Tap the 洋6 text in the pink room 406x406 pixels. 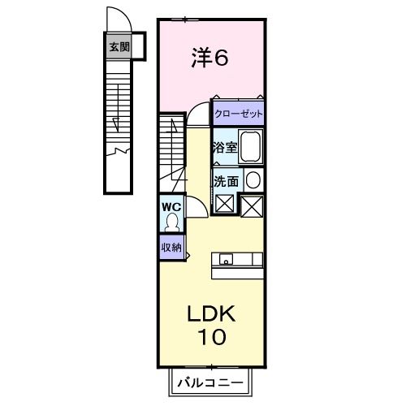point(210,58)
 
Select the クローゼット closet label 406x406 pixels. point(239,112)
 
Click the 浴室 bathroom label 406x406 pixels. point(223,148)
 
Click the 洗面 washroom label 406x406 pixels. point(226,181)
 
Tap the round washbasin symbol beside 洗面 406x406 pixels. point(253,180)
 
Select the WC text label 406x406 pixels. point(171,206)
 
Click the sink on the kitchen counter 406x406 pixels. point(225,260)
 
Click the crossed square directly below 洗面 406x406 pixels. point(225,204)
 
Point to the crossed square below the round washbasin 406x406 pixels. point(253,206)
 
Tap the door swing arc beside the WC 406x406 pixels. point(196,207)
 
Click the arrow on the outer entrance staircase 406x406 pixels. point(117,126)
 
